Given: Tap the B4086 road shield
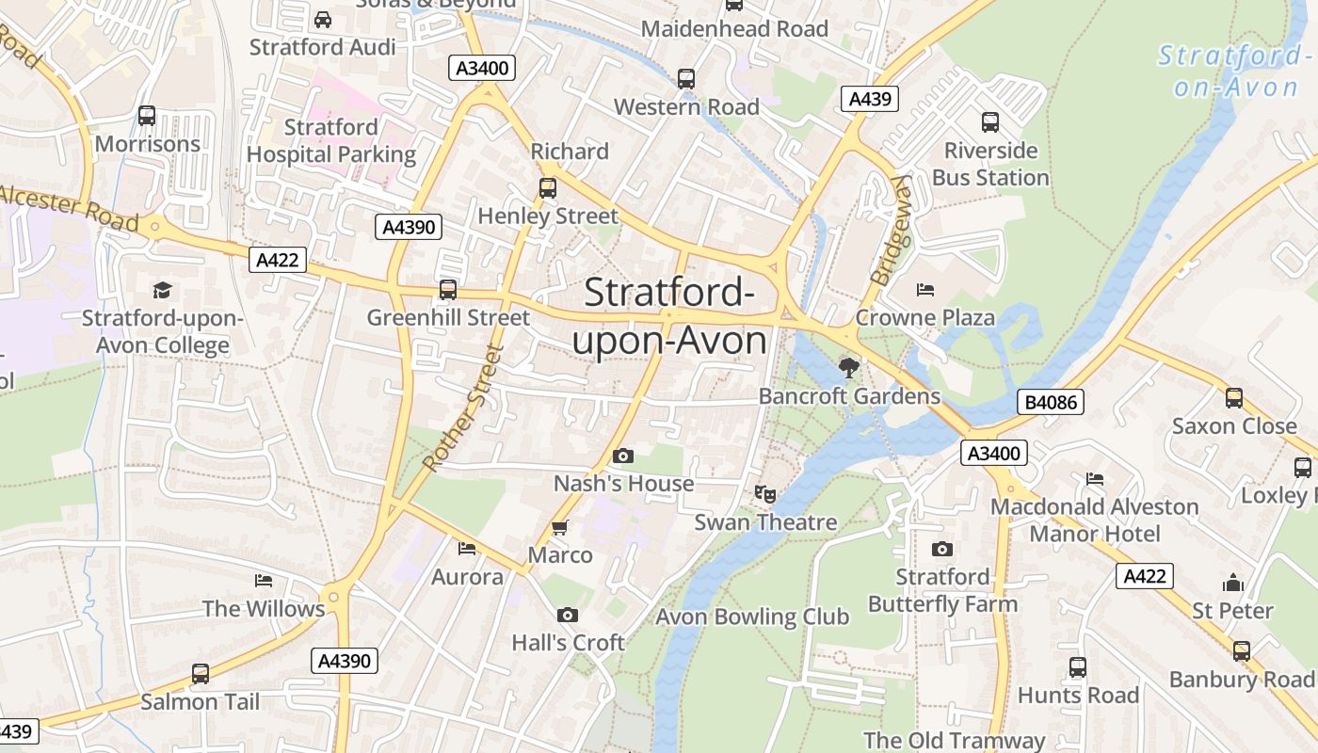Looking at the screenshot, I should point(1051,403).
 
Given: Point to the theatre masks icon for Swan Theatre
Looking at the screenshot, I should point(765,493).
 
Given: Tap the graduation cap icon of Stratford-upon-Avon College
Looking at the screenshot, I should point(163,290).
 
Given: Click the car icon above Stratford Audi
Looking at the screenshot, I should point(323,19).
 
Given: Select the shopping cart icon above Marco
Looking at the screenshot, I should point(560,527).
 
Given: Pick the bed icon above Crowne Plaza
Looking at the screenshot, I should point(924,290).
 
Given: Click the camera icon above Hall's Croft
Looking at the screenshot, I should point(567,615).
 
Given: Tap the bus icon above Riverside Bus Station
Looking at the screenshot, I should point(990,122).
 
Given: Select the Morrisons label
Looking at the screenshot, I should point(148,144).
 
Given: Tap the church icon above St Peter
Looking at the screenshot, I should point(1232,583).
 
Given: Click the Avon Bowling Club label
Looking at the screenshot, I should point(752,617).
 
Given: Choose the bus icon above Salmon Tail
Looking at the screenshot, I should point(200,674).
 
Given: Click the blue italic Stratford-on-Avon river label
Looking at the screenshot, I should point(1235,72).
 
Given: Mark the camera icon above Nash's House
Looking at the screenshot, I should point(622,457).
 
